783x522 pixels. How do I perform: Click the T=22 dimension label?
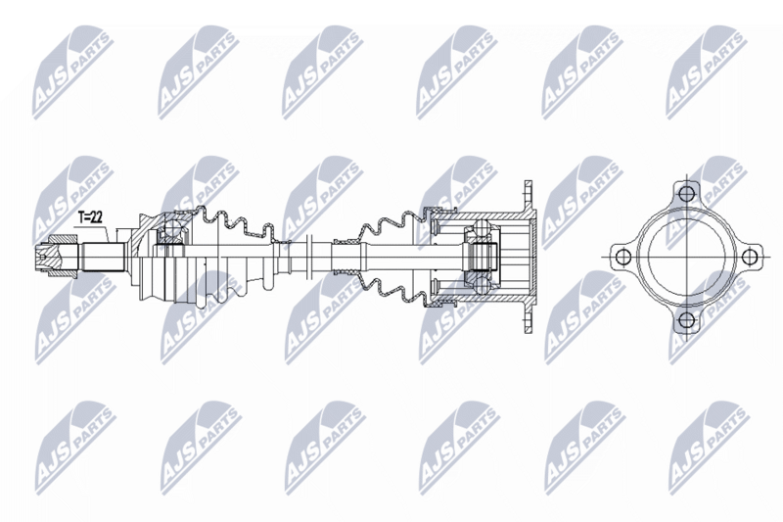90,217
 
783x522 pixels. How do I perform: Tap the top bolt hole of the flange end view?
687,192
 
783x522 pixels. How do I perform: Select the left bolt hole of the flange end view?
622,257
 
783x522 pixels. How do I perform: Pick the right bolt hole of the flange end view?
750,257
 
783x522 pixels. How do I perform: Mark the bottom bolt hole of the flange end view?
687,319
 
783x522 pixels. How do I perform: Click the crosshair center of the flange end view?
687,257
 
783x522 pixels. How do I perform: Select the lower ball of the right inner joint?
481,285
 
